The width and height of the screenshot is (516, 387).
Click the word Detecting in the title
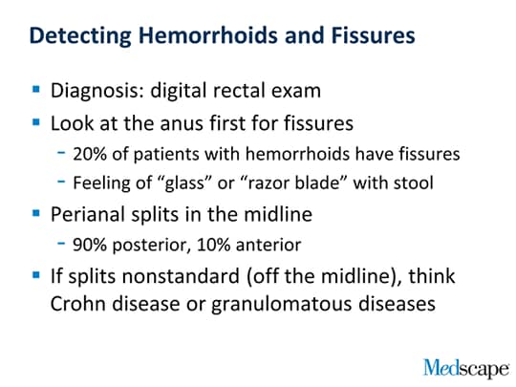tap(80, 36)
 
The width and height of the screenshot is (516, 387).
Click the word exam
tap(296, 91)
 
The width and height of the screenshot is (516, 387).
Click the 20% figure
tap(90, 154)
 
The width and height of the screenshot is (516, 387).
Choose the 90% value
tap(90, 245)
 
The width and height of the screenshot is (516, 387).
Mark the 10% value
tap(213, 245)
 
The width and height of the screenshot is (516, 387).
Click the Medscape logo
tap(466, 368)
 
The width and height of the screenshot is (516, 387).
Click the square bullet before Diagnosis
tap(36, 89)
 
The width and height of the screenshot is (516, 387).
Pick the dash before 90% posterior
tap(61, 244)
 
